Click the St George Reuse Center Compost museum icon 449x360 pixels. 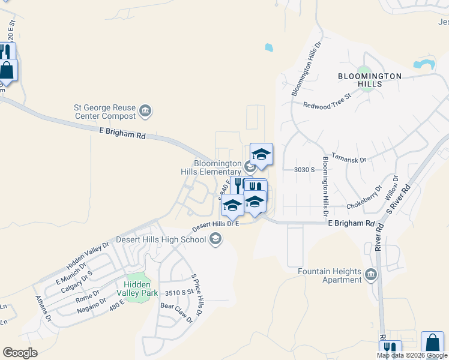[145, 111]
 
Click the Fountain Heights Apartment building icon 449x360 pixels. [370, 275]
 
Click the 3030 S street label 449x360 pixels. [304, 170]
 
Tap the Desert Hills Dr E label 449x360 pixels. [215, 226]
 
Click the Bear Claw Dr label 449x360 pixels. [176, 313]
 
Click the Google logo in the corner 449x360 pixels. [20, 352]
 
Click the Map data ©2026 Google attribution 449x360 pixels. [412, 355]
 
